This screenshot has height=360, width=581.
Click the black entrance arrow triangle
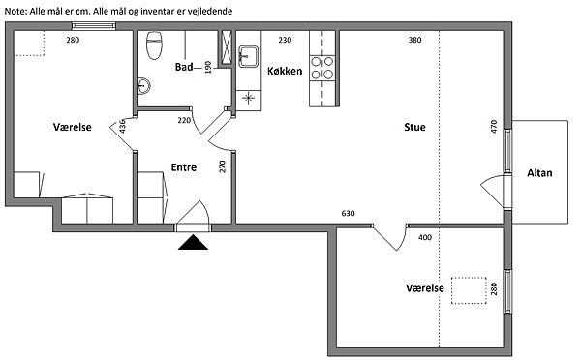click(x=193, y=243)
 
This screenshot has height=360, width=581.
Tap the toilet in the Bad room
click(x=154, y=45)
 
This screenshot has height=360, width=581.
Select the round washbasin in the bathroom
click(x=143, y=86)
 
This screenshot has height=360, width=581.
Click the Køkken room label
click(x=285, y=71)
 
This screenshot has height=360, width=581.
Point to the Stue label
click(x=414, y=127)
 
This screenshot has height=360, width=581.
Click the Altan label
click(x=539, y=173)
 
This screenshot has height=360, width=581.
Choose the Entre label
click(x=184, y=167)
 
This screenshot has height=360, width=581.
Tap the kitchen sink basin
click(x=248, y=56)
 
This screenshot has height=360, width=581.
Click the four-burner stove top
click(x=322, y=68)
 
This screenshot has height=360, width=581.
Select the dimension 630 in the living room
click(x=348, y=213)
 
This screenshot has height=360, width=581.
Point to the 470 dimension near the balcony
click(x=493, y=127)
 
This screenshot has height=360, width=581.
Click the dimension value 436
click(x=123, y=126)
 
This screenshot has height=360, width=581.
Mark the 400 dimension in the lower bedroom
click(x=425, y=237)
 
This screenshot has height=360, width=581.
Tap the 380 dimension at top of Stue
click(x=415, y=40)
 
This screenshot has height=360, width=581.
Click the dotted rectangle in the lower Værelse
click(x=469, y=290)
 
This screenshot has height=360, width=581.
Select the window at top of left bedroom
click(x=94, y=25)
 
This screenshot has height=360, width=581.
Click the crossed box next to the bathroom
click(x=226, y=48)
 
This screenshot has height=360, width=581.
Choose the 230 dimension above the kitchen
click(x=285, y=40)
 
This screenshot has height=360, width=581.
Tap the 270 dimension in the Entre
click(x=223, y=166)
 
